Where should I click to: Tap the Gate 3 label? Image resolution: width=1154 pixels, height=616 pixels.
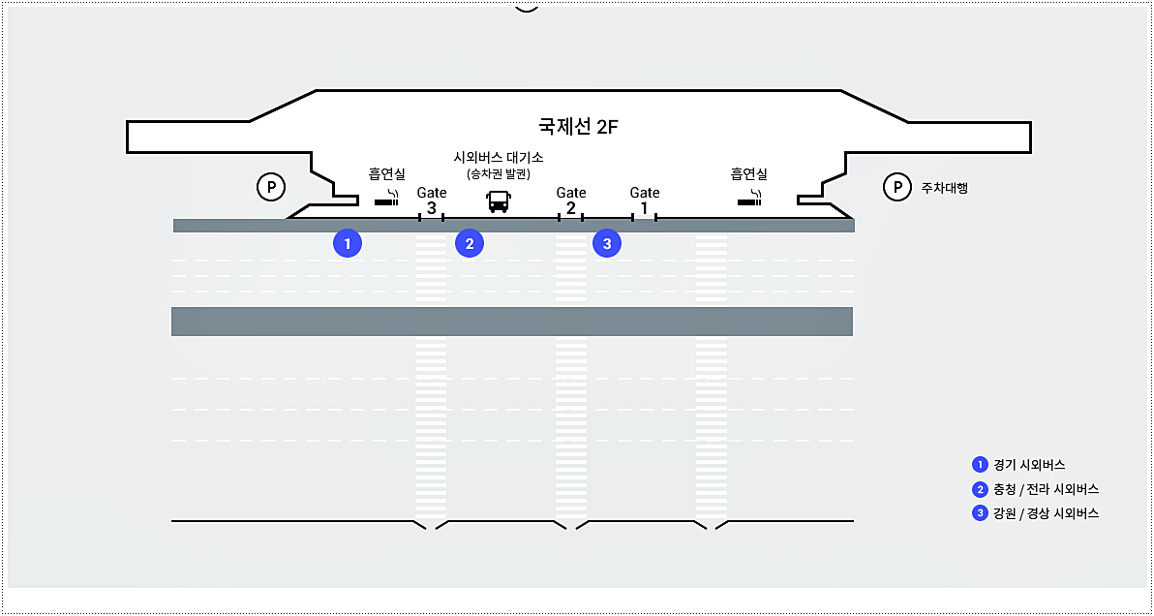[432, 200]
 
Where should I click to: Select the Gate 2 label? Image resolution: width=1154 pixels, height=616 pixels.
[571, 200]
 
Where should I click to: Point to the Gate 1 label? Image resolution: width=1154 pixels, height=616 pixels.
[645, 200]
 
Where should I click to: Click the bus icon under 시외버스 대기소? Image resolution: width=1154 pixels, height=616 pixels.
[498, 201]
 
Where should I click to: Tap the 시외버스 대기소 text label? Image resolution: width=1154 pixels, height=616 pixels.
[499, 157]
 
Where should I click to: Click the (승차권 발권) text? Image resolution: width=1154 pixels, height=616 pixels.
[499, 174]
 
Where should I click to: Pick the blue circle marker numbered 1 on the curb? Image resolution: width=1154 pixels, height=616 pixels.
[347, 243]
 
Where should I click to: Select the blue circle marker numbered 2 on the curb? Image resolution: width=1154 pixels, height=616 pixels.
[470, 243]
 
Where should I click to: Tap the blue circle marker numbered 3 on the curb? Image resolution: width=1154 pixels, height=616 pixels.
[607, 243]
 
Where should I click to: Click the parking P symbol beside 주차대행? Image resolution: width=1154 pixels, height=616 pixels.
[897, 187]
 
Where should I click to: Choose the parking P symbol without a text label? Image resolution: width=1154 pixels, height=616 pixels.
[270, 186]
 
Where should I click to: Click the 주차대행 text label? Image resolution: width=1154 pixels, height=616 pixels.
[944, 188]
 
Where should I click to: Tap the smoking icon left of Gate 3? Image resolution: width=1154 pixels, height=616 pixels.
[385, 200]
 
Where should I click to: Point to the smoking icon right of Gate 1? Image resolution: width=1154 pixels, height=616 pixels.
[749, 200]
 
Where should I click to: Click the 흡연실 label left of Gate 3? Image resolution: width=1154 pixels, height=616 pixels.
[386, 174]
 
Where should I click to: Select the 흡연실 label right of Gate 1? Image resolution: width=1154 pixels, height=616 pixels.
[748, 174]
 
